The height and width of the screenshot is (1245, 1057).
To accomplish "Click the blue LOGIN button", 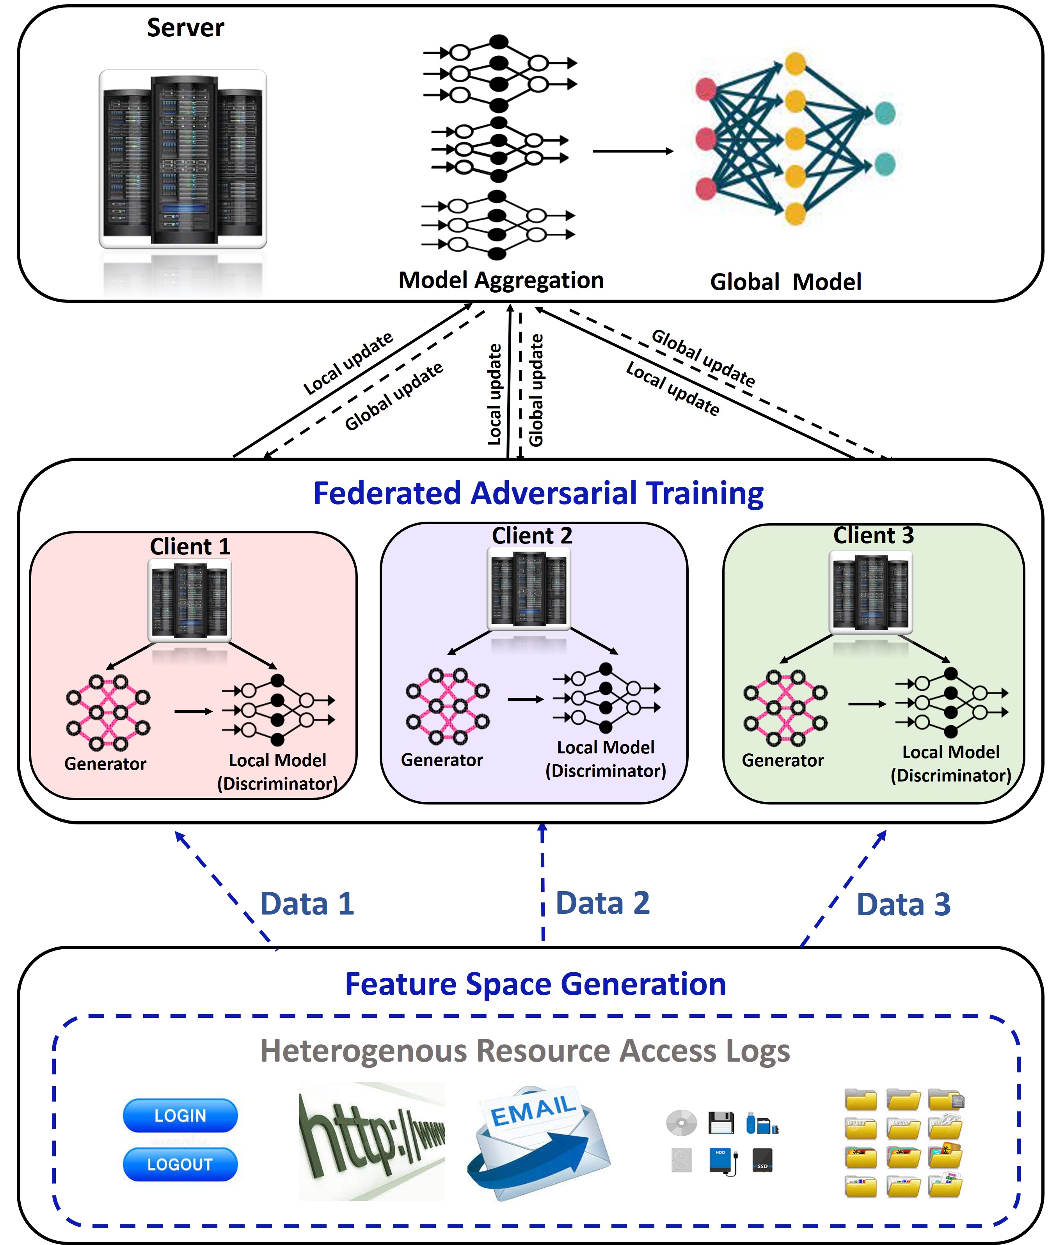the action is tap(180, 1115).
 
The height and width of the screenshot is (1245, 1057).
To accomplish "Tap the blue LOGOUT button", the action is tap(180, 1164).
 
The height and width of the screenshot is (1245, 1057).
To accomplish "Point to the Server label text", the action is tap(186, 28).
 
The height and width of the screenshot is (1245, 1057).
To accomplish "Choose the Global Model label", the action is tap(785, 282).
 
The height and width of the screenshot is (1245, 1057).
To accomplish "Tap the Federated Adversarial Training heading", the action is tap(538, 493).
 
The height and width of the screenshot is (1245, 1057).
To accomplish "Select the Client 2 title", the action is tap(532, 535).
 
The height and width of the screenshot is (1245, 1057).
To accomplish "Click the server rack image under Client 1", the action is tap(189, 600).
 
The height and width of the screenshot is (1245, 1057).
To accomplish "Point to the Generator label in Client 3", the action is tap(783, 760).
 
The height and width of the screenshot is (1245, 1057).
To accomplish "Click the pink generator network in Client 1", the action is tap(108, 712).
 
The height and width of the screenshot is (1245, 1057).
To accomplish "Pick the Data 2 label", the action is tap(603, 903).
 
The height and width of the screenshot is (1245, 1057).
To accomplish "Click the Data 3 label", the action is tap(904, 904).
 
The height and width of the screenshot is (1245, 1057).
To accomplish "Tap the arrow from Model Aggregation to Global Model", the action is tap(633, 151).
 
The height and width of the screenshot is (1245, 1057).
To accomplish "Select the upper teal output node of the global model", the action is tap(885, 113).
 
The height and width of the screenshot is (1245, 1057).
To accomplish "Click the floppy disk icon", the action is tap(721, 1122).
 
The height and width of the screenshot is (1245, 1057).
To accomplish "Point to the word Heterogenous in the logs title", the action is tap(363, 1051).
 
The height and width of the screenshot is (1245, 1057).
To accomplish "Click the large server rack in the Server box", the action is tap(183, 159).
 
